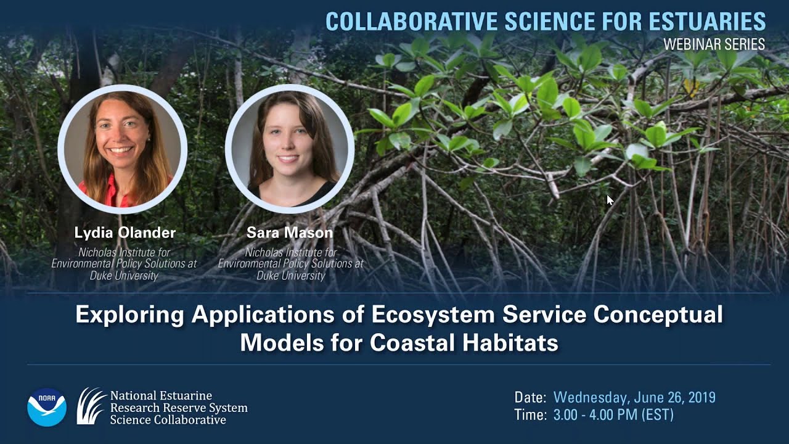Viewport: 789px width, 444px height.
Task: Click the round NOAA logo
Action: click(x=47, y=407)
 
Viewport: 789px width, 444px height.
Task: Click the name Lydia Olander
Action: click(x=125, y=232)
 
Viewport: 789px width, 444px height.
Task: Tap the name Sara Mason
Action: click(x=290, y=232)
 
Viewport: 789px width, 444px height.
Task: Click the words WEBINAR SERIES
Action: click(x=714, y=44)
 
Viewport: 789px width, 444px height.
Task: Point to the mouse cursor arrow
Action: click(x=610, y=200)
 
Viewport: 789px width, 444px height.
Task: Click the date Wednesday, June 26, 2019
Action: click(x=634, y=397)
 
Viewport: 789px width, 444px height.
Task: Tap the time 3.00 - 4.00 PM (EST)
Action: click(x=613, y=415)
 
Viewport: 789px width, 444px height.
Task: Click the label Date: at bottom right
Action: click(x=530, y=397)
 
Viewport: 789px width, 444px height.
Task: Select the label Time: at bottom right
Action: click(x=530, y=415)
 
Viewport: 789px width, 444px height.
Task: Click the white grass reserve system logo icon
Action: click(x=91, y=406)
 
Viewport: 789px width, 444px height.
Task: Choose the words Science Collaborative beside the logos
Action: click(x=168, y=420)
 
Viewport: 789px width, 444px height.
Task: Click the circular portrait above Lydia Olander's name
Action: click(x=122, y=149)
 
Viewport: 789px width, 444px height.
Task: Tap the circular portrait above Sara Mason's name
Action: click(x=290, y=149)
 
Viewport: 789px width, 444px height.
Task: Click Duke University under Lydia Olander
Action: click(x=124, y=276)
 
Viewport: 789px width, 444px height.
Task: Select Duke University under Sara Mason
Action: click(x=290, y=276)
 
